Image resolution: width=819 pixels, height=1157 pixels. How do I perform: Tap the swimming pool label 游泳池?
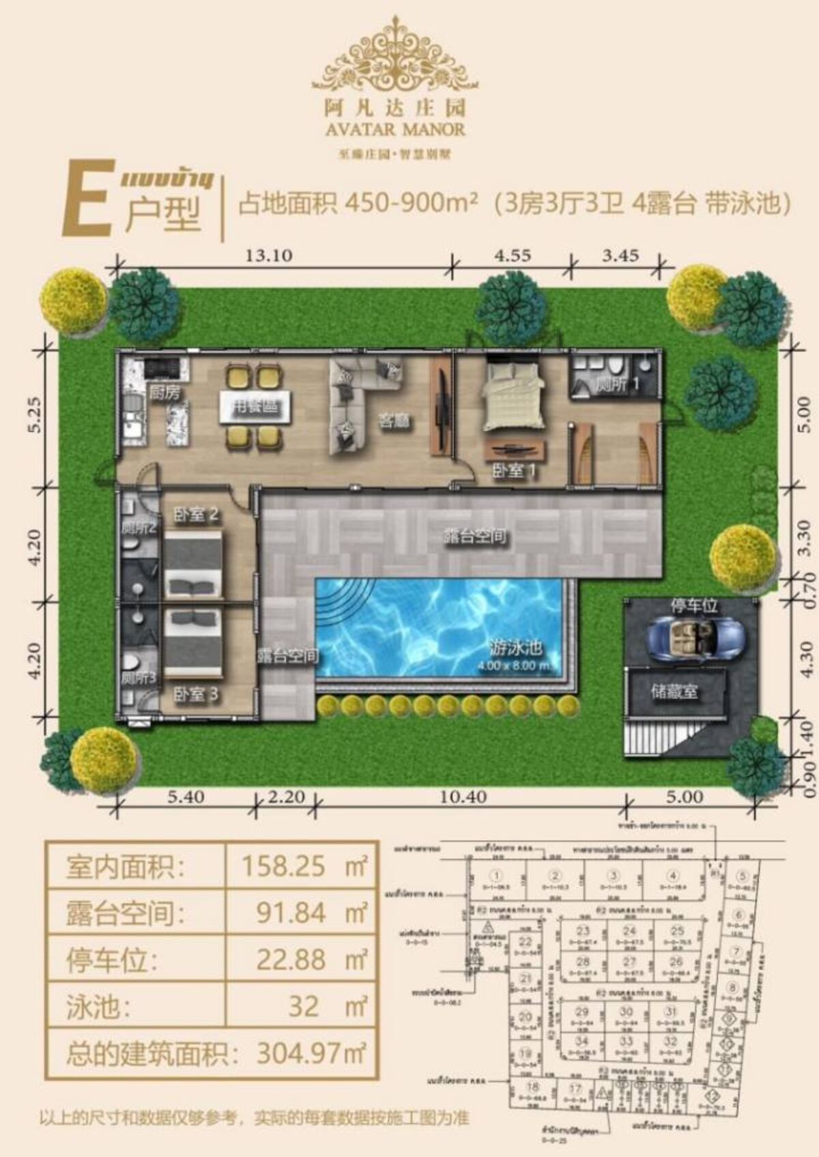tap(515, 646)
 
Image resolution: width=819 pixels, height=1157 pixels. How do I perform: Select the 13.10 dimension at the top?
tap(268, 255)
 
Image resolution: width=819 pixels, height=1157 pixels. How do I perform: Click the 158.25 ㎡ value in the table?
tap(304, 866)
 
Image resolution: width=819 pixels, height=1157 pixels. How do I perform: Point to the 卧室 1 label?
tap(513, 470)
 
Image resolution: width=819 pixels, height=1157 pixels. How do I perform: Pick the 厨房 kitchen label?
tap(164, 392)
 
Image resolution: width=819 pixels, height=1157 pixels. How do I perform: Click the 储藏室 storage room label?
tap(674, 691)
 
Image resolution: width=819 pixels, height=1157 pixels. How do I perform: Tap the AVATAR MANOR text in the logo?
tap(395, 128)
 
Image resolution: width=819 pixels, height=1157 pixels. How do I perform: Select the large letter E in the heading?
tap(87, 199)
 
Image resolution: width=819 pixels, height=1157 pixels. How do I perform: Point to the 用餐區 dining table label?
tap(255, 408)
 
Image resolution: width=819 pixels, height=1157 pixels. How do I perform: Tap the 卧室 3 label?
tap(195, 694)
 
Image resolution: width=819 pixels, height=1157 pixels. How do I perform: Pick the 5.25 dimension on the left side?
tap(35, 415)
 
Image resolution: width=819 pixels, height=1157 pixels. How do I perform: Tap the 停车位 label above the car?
tap(693, 605)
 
